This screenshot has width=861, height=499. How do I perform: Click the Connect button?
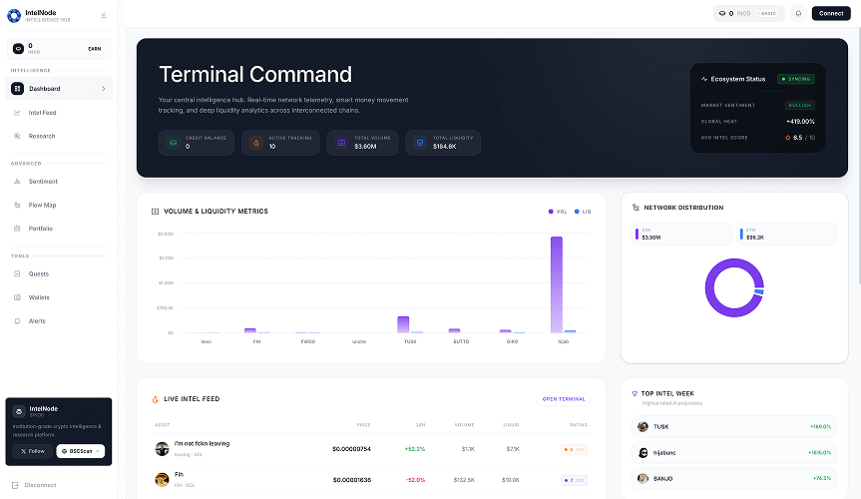point(830,13)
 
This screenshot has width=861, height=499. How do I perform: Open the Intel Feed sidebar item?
point(42,113)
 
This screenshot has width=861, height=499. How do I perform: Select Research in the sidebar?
point(42,136)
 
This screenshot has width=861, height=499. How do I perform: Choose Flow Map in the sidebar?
point(42,205)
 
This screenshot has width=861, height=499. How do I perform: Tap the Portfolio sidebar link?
point(40,229)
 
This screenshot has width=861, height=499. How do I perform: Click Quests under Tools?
point(38,273)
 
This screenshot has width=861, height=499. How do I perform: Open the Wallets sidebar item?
point(39,297)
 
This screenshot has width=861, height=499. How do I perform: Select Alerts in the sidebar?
point(37,321)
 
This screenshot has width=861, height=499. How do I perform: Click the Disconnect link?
point(40,485)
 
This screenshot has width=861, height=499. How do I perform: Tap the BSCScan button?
point(80,451)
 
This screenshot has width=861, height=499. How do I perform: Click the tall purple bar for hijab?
point(556,284)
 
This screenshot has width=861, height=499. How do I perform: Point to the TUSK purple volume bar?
point(403,323)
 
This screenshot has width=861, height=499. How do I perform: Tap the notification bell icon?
point(798,13)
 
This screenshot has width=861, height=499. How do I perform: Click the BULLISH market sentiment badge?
point(800,105)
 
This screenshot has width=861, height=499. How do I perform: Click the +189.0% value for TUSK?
point(820,426)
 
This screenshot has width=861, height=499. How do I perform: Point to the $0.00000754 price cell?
point(351,449)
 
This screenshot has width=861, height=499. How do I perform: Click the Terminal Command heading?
point(255,75)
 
